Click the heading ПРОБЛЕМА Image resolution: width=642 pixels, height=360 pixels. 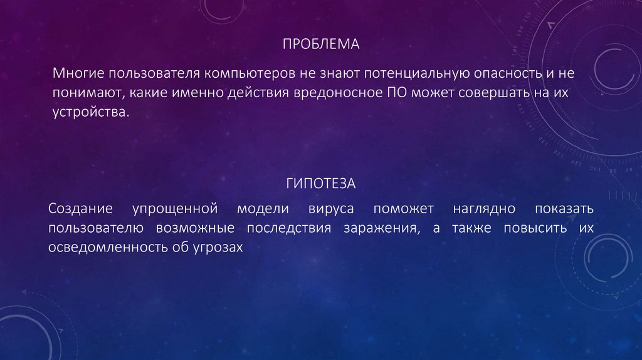point(320,45)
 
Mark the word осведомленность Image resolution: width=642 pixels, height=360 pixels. point(102,248)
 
